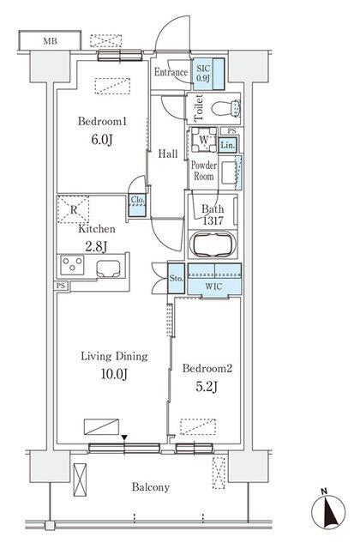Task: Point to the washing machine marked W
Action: (x=203, y=142)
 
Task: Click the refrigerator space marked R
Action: (x=74, y=209)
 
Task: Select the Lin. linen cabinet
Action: (x=228, y=146)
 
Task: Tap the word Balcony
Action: (x=150, y=487)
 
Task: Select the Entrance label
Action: (x=171, y=72)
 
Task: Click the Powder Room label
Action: (x=203, y=169)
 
